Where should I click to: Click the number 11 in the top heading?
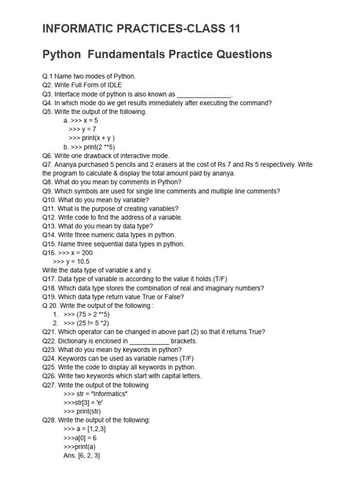point(232,29)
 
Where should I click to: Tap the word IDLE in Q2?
point(113,85)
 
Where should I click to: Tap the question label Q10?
point(49,200)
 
